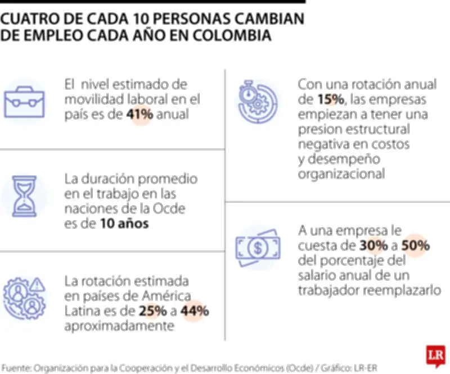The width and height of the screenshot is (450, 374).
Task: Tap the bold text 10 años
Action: (x=124, y=224)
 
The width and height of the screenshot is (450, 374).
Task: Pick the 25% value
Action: (x=151, y=311)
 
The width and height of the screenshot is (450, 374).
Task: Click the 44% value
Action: (x=195, y=311)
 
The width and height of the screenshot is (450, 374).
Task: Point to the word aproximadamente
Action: (x=119, y=326)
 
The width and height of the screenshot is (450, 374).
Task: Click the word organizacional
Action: (x=341, y=174)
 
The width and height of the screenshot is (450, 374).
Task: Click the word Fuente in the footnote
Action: (x=15, y=368)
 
